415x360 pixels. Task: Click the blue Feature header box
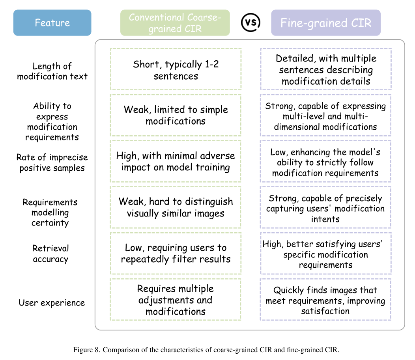point(52,23)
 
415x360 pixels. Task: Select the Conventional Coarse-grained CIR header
point(175,23)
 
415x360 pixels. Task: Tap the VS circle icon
point(250,22)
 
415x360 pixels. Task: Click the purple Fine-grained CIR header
point(325,23)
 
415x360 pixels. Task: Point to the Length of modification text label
point(52,71)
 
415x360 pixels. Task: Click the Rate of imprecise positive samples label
point(52,162)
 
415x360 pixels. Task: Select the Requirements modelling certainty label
point(50,213)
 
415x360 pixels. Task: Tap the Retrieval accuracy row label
point(50,254)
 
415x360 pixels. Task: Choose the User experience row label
point(52,303)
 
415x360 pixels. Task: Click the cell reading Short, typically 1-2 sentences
point(176,69)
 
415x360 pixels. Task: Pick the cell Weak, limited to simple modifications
point(176,115)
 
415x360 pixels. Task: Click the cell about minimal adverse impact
point(176,161)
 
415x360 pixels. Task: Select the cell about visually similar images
point(176,207)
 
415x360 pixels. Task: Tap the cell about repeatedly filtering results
point(176,254)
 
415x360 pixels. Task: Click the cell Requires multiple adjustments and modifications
point(176,300)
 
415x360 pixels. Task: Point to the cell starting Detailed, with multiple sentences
point(326,69)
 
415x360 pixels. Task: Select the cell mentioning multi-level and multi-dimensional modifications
point(326,116)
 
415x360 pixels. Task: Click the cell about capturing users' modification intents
point(326,208)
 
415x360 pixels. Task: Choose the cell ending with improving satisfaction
point(326,300)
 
